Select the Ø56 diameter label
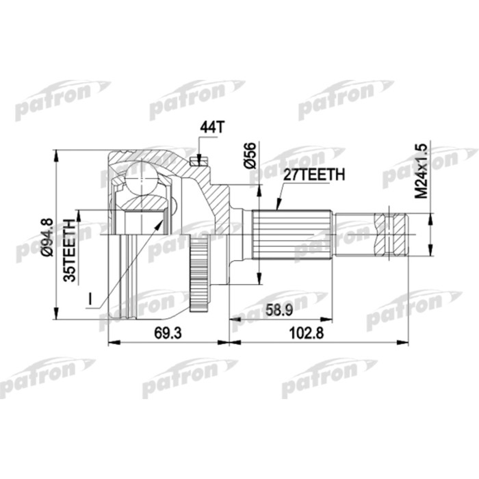[250, 157]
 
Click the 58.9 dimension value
[281, 311]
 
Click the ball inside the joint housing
[143, 178]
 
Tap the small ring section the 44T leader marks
[198, 161]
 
